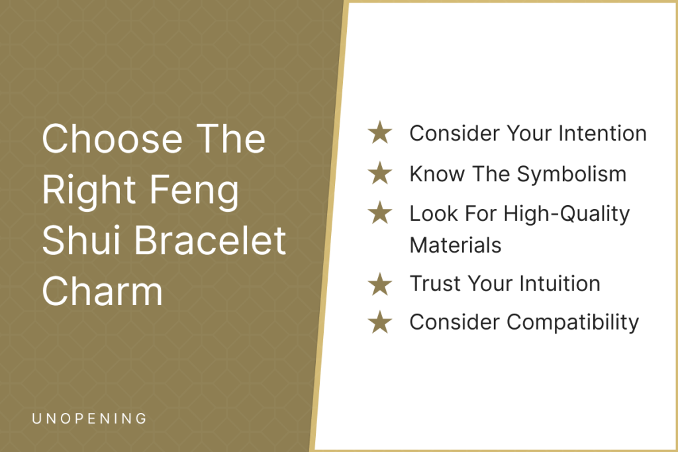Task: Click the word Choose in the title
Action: click(x=113, y=139)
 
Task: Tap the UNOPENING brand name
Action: click(x=89, y=418)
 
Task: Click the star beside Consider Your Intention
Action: click(x=380, y=132)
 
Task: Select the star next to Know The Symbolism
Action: click(x=380, y=173)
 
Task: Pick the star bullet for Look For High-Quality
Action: click(x=380, y=212)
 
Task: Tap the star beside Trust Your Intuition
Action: click(x=380, y=284)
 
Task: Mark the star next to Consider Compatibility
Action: click(x=380, y=322)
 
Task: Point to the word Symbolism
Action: click(x=571, y=175)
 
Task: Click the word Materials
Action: click(x=456, y=245)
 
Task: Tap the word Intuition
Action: click(x=559, y=283)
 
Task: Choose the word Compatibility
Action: click(x=573, y=323)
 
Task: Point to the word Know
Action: click(x=437, y=173)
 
